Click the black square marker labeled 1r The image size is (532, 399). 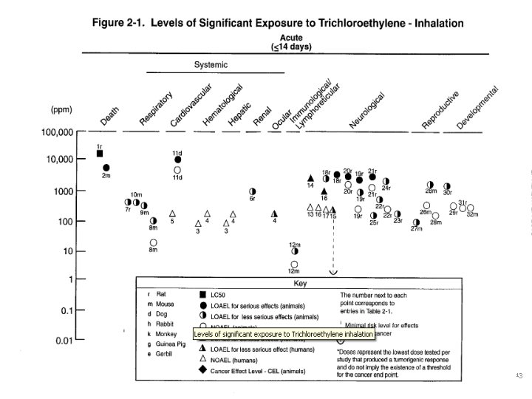click(100, 154)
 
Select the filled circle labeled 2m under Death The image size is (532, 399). click(106, 168)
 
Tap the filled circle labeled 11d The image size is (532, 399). click(177, 160)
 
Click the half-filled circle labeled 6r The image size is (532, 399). click(253, 191)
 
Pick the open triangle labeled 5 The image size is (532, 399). click(172, 213)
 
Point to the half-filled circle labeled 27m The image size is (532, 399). click(417, 222)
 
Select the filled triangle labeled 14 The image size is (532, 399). click(311, 178)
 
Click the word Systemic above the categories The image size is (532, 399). click(211, 65)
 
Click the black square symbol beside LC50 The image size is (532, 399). click(202, 294)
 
